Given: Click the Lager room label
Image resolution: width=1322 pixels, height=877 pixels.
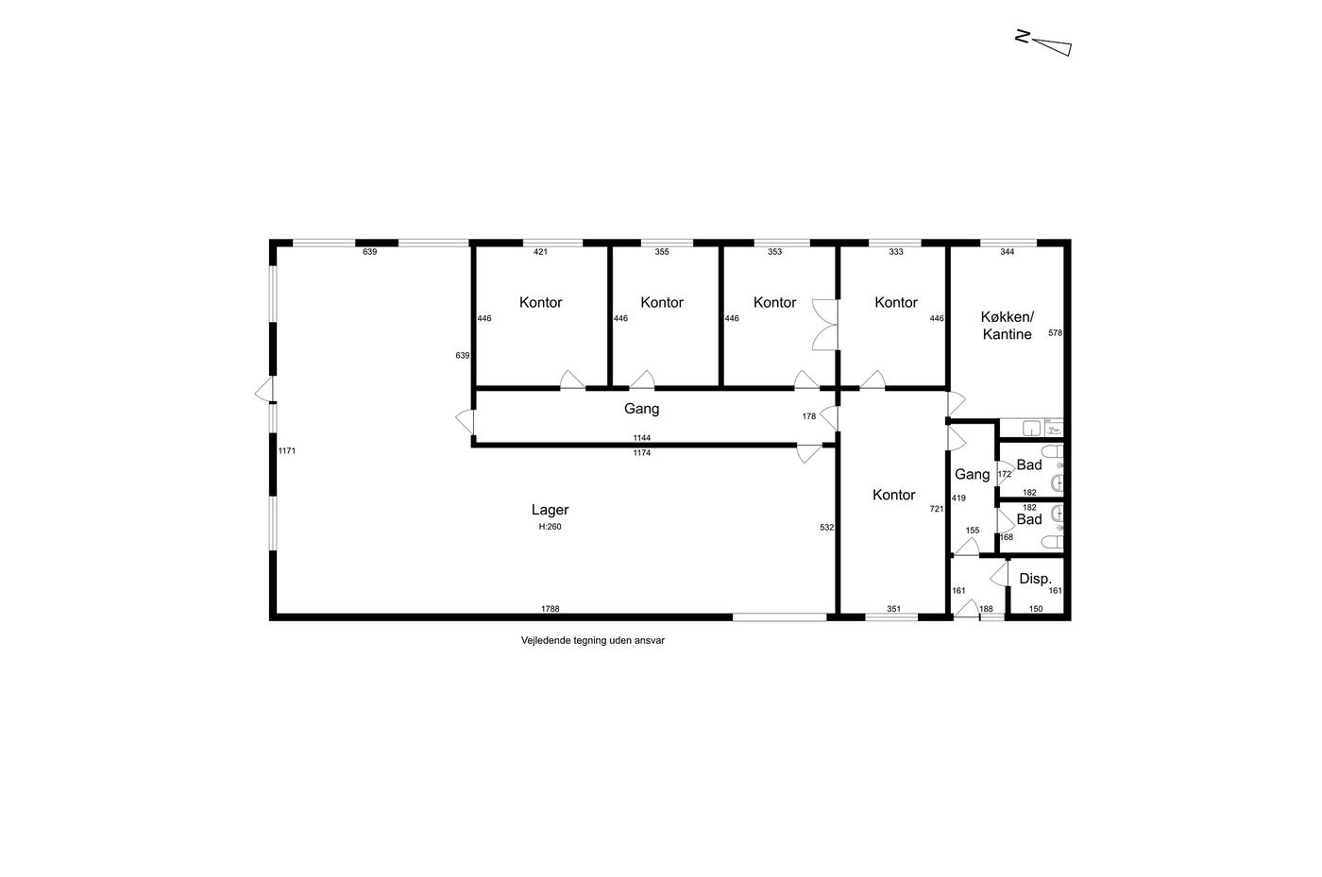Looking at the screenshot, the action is [550, 510].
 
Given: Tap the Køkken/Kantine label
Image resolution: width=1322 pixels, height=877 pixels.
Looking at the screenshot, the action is [1007, 325].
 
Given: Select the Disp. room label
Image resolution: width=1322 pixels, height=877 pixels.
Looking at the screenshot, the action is [1035, 579].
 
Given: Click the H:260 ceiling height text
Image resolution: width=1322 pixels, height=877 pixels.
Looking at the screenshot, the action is [550, 527].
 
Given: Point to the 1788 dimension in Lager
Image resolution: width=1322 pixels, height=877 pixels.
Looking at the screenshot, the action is [550, 609].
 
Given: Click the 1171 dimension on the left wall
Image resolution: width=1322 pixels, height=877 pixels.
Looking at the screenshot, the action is [287, 451].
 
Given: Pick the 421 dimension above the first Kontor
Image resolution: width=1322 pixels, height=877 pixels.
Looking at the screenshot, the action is [540, 252].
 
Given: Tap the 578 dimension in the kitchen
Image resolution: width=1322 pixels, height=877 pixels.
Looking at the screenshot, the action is [1056, 333].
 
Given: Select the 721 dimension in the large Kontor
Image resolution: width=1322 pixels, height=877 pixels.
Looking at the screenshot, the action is [937, 509].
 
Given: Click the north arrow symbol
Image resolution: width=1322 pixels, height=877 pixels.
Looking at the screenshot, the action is [1044, 43].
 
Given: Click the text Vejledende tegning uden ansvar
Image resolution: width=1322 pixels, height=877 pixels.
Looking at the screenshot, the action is [593, 640].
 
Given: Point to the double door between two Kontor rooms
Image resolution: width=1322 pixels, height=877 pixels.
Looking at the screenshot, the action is [825, 325].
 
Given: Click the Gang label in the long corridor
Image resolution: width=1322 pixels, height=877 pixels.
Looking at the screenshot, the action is [641, 409].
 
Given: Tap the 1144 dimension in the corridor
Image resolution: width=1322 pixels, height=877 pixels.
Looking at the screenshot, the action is [641, 438].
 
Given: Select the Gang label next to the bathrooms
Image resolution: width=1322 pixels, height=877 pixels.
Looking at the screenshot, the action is [972, 474].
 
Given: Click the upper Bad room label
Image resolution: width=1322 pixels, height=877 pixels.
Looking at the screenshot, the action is [1028, 465].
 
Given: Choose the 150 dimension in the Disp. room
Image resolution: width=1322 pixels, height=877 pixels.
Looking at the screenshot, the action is [1036, 609].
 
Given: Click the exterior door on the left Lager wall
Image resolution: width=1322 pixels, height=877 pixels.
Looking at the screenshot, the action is [264, 390].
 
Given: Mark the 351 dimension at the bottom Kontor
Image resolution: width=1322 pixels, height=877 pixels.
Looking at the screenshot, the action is [893, 609].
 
